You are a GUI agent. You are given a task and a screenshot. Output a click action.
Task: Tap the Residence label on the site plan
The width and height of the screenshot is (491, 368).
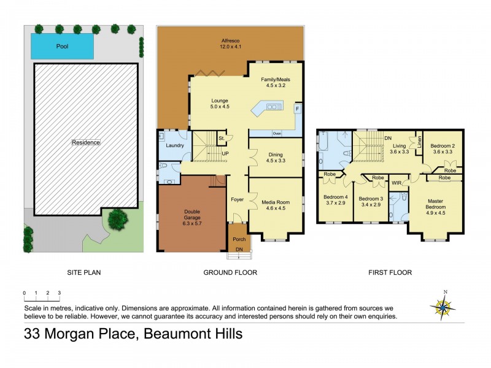[86, 142]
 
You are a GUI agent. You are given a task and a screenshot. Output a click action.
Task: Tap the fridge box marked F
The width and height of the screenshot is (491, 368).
[297, 109]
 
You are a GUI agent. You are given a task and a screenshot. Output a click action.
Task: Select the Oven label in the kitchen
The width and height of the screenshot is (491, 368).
[276, 133]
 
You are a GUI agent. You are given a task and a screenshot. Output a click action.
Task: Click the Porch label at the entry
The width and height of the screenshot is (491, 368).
[239, 239]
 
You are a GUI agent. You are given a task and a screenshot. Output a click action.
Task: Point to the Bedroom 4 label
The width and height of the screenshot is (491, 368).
[335, 200]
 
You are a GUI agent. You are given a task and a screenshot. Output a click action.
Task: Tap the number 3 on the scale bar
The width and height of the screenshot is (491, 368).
[59, 293]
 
